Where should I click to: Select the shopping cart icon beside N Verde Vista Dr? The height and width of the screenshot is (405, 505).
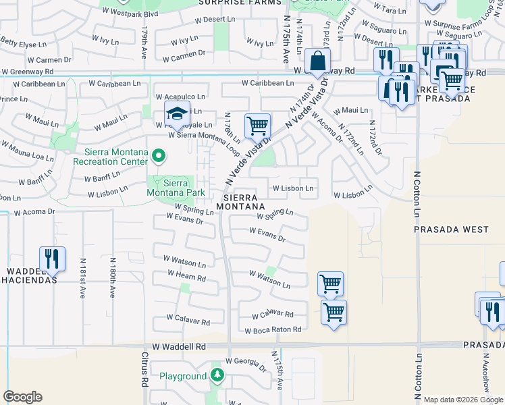(x=257, y=126)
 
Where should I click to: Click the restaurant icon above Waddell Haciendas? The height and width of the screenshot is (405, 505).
(x=52, y=259)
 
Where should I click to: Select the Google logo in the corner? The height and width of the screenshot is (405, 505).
(x=22, y=397)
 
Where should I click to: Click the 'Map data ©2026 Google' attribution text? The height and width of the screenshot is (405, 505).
(x=463, y=400)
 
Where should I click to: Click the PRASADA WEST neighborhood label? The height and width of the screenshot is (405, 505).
(x=451, y=230)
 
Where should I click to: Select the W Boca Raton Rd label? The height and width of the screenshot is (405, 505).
(x=273, y=331)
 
